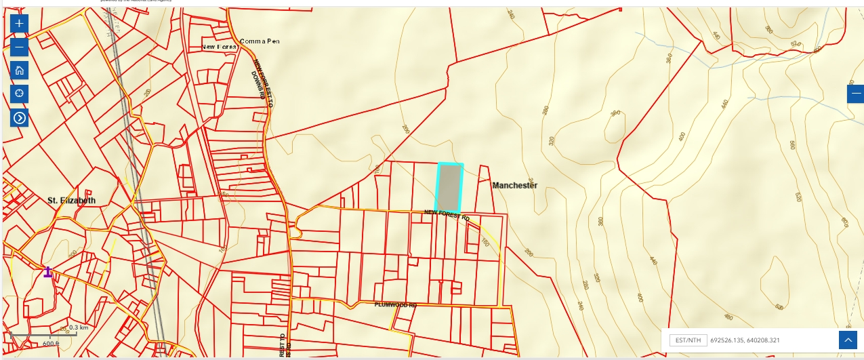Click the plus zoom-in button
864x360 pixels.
pyautogui.click(x=20, y=24)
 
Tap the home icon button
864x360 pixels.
pyautogui.click(x=20, y=70)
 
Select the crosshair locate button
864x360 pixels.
pyautogui.click(x=20, y=94)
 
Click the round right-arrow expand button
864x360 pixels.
pyautogui.click(x=20, y=118)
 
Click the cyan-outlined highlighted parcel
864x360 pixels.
pyautogui.click(x=449, y=188)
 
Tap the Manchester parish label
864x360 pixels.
pyautogui.click(x=515, y=185)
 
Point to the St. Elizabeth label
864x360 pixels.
pyautogui.click(x=71, y=201)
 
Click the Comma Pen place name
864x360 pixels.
pyautogui.click(x=260, y=41)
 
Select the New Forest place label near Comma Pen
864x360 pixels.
pyautogui.click(x=220, y=47)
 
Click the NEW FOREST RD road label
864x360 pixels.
pyautogui.click(x=447, y=215)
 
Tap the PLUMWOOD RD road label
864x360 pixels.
pyautogui.click(x=396, y=305)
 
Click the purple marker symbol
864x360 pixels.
pyautogui.click(x=48, y=272)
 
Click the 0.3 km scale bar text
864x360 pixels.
pyautogui.click(x=79, y=327)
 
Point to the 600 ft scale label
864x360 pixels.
pyautogui.click(x=52, y=344)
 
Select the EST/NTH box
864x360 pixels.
pyautogui.click(x=688, y=340)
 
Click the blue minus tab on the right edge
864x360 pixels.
pyautogui.click(x=856, y=94)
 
